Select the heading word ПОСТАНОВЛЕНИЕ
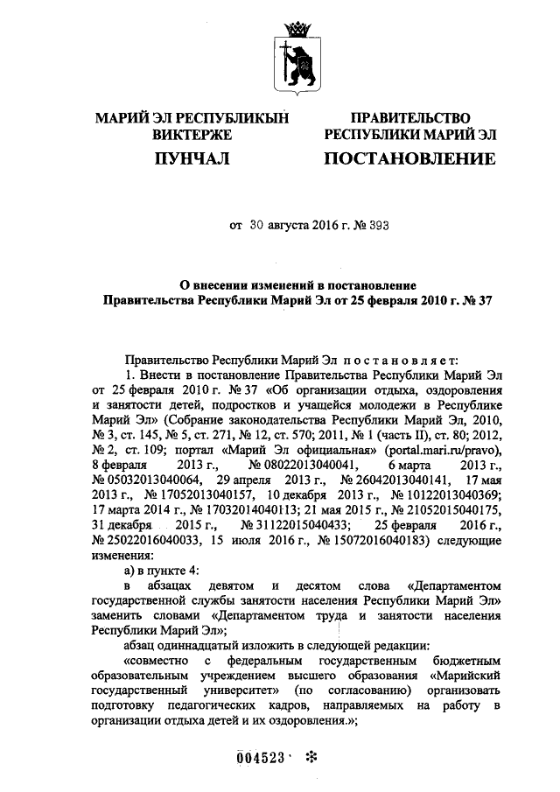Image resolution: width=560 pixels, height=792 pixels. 409,158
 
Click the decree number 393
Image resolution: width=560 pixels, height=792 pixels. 377,226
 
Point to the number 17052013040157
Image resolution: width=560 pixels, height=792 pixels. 196,495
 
